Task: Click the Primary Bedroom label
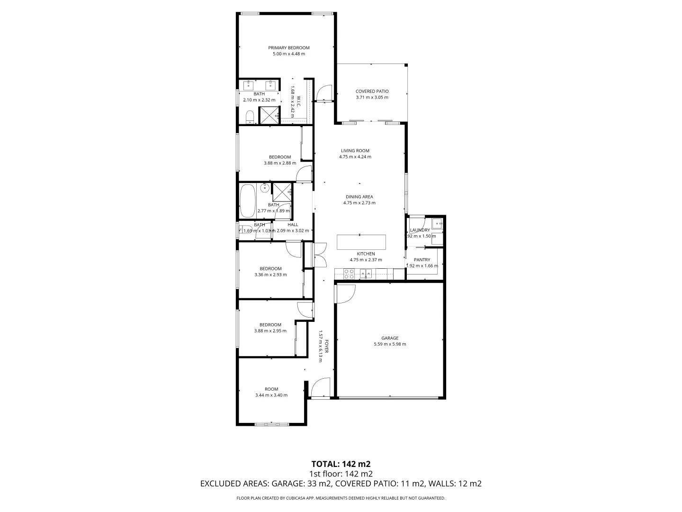[x=288, y=48]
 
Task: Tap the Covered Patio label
[x=372, y=91]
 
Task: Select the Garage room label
[x=390, y=338]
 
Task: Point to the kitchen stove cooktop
[x=349, y=273]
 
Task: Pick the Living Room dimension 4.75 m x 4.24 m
[x=355, y=157]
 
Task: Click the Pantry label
[x=422, y=260]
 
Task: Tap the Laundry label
[x=420, y=230]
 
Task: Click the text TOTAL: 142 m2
[x=341, y=464]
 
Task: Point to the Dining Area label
[x=359, y=197]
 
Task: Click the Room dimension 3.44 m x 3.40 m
[x=271, y=395]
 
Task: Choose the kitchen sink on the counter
[x=365, y=273]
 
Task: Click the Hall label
[x=293, y=225]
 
